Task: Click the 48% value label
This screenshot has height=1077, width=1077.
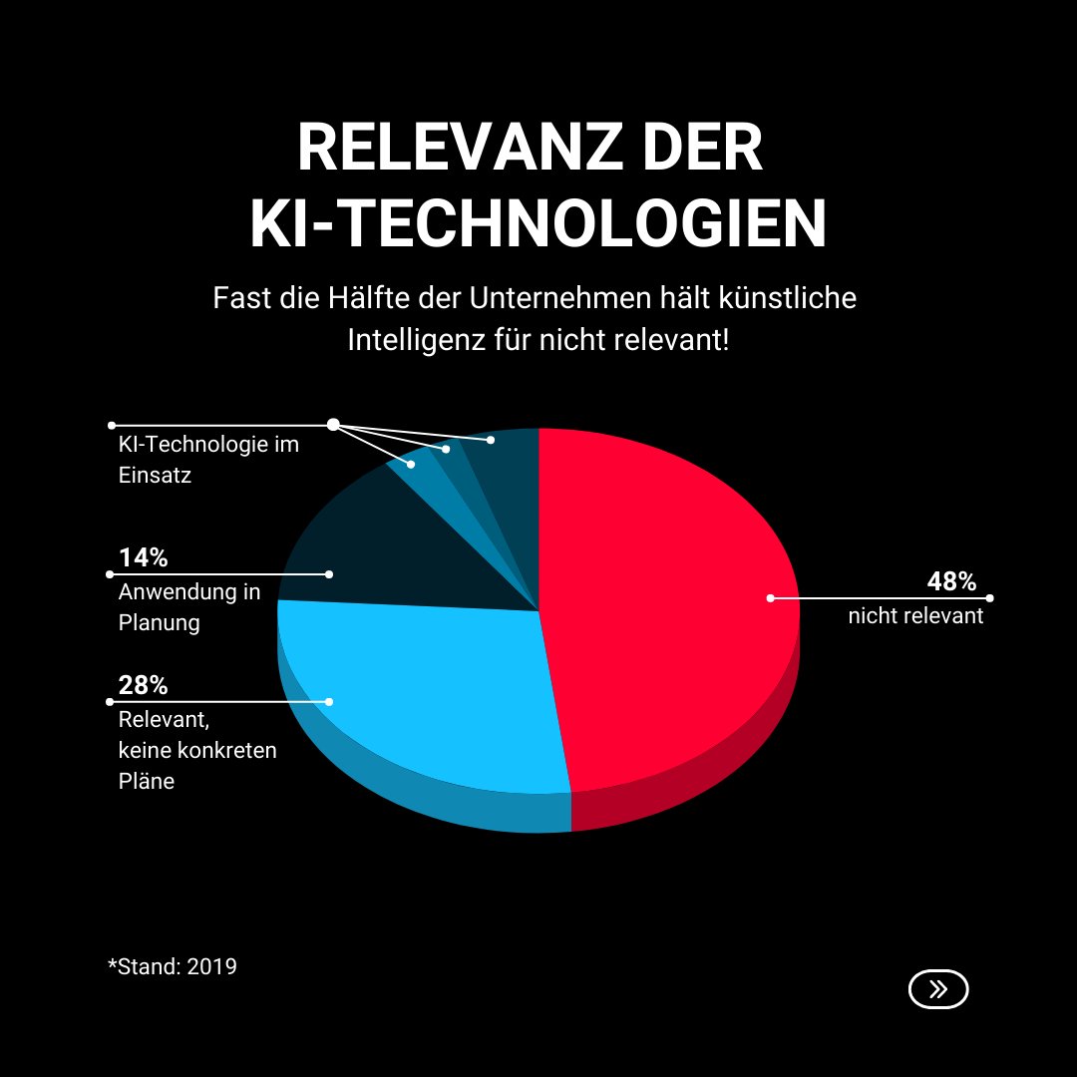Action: click(951, 581)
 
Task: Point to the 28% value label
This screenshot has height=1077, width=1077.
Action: click(143, 685)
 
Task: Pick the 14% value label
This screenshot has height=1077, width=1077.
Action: click(143, 557)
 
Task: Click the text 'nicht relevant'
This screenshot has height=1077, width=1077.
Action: click(915, 616)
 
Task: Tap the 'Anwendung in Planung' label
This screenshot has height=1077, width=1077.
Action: click(188, 607)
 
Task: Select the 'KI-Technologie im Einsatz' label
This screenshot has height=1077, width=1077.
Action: click(207, 460)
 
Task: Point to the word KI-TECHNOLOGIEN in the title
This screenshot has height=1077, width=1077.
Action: click(538, 225)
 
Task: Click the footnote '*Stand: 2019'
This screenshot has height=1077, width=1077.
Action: click(173, 966)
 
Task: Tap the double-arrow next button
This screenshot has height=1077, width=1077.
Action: click(938, 989)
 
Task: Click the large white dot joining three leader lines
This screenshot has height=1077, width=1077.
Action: click(333, 425)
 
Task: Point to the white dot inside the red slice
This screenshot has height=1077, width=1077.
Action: click(770, 598)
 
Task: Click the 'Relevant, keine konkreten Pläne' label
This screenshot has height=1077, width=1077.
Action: click(196, 750)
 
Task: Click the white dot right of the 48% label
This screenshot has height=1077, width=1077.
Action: click(990, 598)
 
